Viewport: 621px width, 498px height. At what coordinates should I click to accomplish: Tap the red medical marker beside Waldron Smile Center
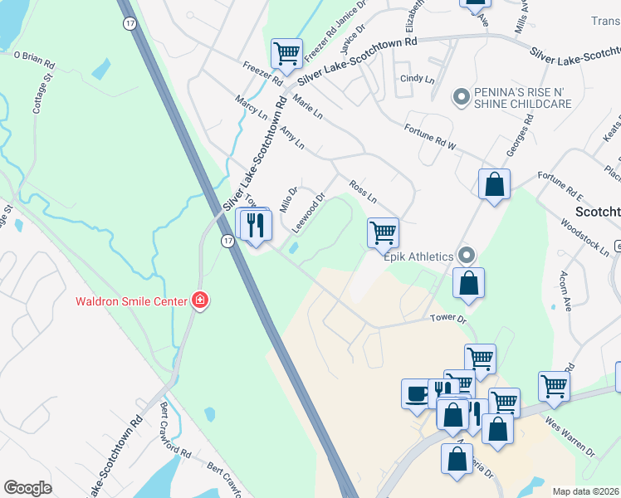click(x=199, y=300)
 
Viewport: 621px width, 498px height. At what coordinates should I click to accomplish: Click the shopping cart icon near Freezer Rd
click(x=286, y=54)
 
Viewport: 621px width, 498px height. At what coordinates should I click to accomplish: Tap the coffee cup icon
click(x=416, y=393)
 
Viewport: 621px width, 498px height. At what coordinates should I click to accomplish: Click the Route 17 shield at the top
click(x=130, y=24)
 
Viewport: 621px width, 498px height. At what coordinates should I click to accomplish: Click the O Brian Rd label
click(x=34, y=59)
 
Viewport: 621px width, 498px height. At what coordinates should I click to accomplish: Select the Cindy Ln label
click(x=418, y=80)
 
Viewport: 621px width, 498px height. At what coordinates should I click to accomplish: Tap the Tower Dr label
click(x=449, y=318)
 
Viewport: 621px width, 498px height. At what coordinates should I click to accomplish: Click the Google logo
click(x=27, y=488)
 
